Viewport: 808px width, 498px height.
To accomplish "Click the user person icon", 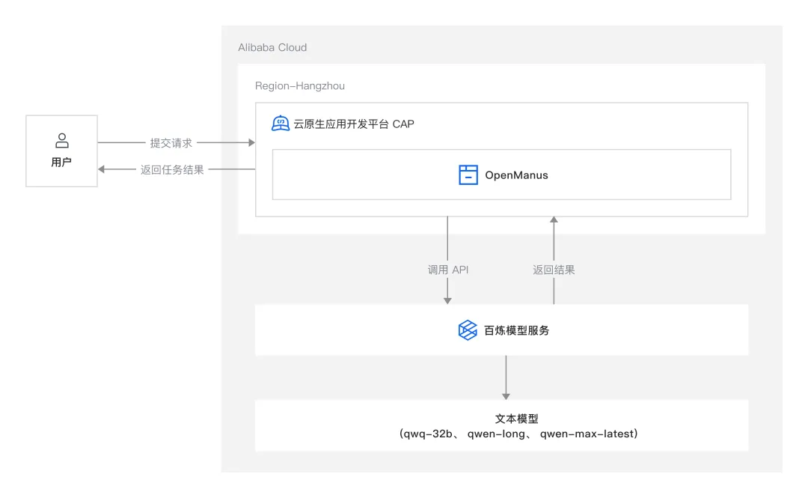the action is pos(62,140).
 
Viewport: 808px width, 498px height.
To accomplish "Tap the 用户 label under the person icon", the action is pos(61,162).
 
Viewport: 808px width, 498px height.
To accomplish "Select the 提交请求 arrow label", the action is pos(171,142).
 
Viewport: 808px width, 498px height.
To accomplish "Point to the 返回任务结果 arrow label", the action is pos(172,170).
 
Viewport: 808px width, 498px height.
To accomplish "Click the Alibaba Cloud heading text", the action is pos(272,47).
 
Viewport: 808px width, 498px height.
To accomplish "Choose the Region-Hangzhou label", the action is pos(300,86).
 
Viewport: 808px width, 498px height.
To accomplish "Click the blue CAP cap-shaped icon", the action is pos(281,124).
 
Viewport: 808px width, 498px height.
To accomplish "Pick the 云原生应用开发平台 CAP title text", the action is pos(354,124).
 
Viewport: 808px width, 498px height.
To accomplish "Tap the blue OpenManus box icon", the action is pos(468,175).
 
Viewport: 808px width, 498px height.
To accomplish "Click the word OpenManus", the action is pos(516,175).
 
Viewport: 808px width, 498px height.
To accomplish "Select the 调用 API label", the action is pos(448,270).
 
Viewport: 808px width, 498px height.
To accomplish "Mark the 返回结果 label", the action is pos(554,270).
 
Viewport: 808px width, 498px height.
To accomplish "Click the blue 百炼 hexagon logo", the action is pos(468,330).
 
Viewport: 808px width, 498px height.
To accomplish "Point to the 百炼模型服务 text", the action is pos(516,330).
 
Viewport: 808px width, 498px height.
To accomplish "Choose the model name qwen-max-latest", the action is pos(587,434).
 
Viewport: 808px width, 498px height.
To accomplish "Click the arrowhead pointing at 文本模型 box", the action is pos(506,395).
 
